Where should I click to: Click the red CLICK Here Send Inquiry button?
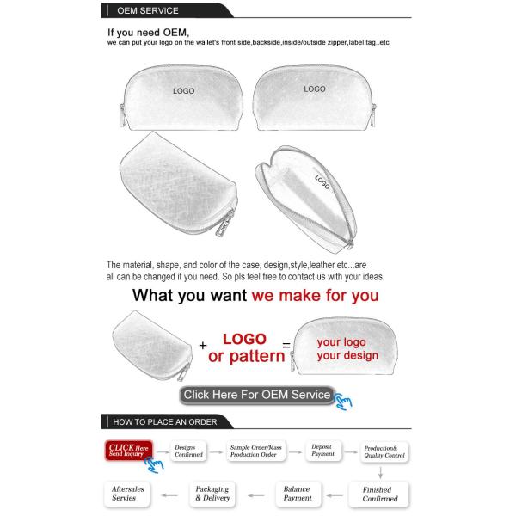pyautogui.click(x=128, y=451)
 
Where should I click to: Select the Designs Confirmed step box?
pyautogui.click(x=189, y=451)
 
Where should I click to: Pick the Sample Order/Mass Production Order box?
pyautogui.click(x=255, y=451)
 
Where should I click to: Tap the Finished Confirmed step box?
pyautogui.click(x=380, y=494)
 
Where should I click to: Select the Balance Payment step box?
pyautogui.click(x=298, y=494)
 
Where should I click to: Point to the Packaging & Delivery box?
pyautogui.click(x=212, y=494)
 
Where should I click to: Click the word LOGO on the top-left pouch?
pyautogui.click(x=183, y=91)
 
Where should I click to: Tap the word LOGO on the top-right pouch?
pyautogui.click(x=314, y=89)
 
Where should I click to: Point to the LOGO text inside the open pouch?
pyautogui.click(x=322, y=182)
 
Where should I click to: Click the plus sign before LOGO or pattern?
pyautogui.click(x=203, y=346)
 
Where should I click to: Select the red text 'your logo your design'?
pyautogui.click(x=347, y=348)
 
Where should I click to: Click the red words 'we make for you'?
pyautogui.click(x=315, y=296)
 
